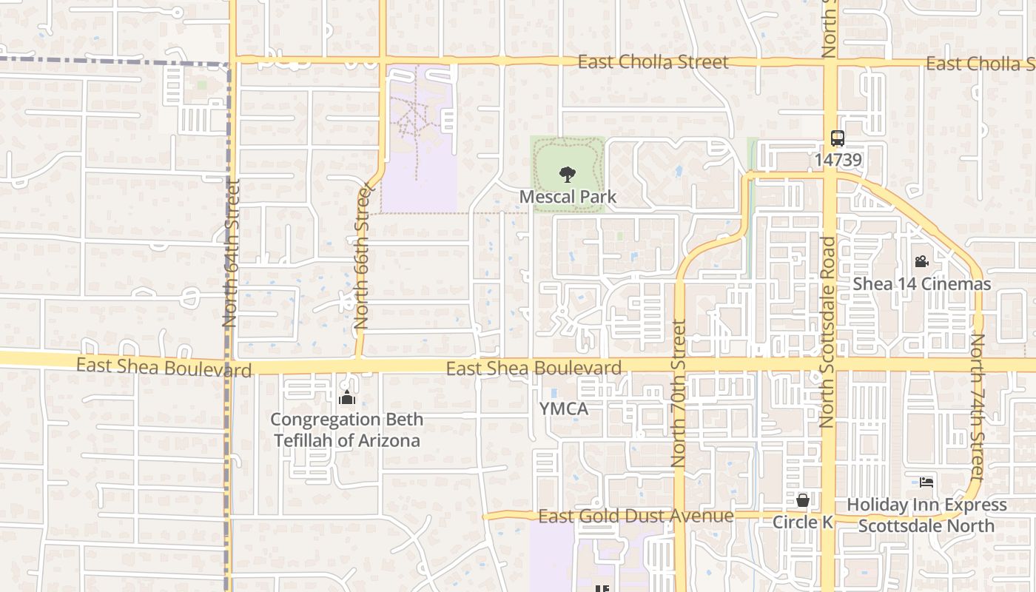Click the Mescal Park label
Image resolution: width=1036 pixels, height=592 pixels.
click(x=568, y=198)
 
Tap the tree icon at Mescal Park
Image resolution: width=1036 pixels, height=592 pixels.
click(x=568, y=175)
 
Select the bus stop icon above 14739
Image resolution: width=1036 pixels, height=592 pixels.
click(x=837, y=138)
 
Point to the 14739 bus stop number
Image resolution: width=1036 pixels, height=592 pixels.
click(x=838, y=159)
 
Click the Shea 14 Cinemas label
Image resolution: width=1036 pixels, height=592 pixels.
click(x=921, y=284)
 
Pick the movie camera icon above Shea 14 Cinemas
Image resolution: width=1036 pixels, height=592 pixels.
click(x=921, y=261)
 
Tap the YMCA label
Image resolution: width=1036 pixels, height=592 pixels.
click(x=563, y=409)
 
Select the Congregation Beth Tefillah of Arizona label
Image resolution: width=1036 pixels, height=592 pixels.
click(x=347, y=430)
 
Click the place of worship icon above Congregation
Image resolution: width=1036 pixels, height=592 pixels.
click(x=346, y=398)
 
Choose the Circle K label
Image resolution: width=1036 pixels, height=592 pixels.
click(x=803, y=522)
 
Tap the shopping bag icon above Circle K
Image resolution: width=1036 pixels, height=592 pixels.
click(x=803, y=501)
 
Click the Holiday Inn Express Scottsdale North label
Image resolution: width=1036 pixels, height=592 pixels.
click(x=926, y=515)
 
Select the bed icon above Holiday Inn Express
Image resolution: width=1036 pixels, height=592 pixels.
click(x=926, y=482)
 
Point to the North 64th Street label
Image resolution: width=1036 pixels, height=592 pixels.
click(x=230, y=252)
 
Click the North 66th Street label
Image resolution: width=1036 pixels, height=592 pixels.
click(x=362, y=258)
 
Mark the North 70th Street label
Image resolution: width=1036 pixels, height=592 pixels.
click(x=679, y=393)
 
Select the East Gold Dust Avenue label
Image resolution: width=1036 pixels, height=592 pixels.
click(x=636, y=516)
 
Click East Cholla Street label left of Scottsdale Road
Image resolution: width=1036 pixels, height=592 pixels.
click(x=653, y=62)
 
